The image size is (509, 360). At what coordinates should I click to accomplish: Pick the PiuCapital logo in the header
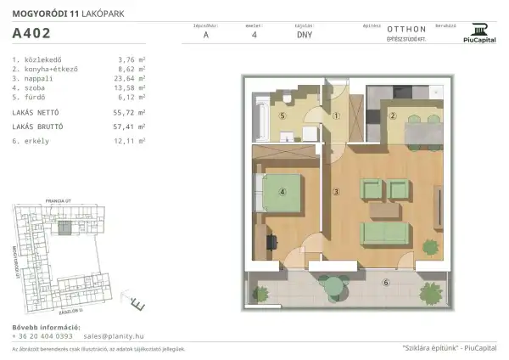(480, 31)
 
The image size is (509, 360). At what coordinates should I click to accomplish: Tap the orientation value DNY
(304, 36)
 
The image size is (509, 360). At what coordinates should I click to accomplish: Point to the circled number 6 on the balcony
(385, 282)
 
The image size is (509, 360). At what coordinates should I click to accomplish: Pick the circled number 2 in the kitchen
(393, 115)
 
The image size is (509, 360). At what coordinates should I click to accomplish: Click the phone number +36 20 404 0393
(42, 335)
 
